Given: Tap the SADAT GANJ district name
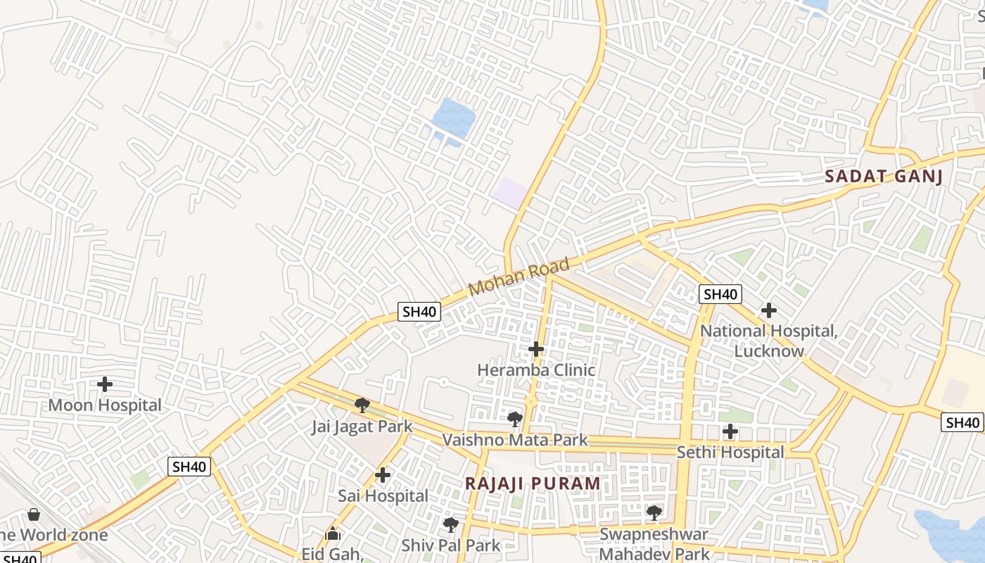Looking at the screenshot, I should [x=883, y=176].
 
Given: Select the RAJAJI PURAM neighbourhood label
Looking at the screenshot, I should [x=533, y=483].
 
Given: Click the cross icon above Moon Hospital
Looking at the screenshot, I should [x=105, y=384].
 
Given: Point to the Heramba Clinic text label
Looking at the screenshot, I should [x=536, y=369].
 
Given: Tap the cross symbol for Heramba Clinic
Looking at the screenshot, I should [x=536, y=348].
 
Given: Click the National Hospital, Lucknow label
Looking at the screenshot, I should [x=769, y=340].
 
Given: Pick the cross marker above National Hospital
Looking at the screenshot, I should [x=769, y=310].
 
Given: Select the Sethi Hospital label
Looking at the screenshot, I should [x=730, y=452].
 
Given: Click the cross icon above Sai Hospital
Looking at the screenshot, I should [x=383, y=475].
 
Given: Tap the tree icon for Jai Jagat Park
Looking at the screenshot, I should [x=362, y=405].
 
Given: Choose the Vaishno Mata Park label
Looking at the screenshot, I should [x=515, y=441].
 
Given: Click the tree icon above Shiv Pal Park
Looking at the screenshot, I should [x=450, y=524].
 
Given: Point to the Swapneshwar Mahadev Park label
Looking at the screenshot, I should [x=654, y=543].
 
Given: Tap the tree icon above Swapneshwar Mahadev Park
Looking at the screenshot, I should [x=654, y=512].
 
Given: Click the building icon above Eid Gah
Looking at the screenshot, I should [x=333, y=534].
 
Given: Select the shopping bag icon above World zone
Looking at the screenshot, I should [x=34, y=514].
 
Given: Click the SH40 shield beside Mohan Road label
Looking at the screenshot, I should [x=419, y=311].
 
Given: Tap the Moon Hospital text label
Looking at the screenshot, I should [x=105, y=405].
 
